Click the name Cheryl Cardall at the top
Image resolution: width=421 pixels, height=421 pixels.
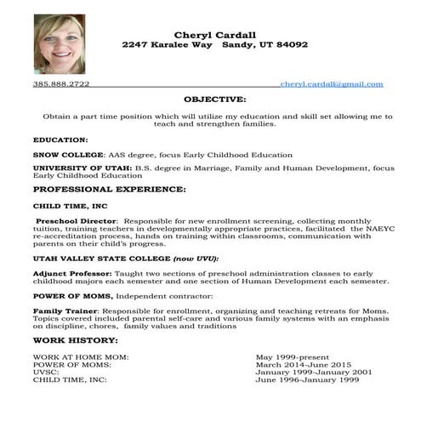[x=214, y=34]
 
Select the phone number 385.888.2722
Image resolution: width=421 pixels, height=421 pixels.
[x=61, y=85]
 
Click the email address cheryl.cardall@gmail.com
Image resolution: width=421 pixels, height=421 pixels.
[x=332, y=85]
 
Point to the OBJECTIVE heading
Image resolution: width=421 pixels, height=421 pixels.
[x=214, y=100]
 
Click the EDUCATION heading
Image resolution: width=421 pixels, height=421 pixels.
[x=60, y=139]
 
